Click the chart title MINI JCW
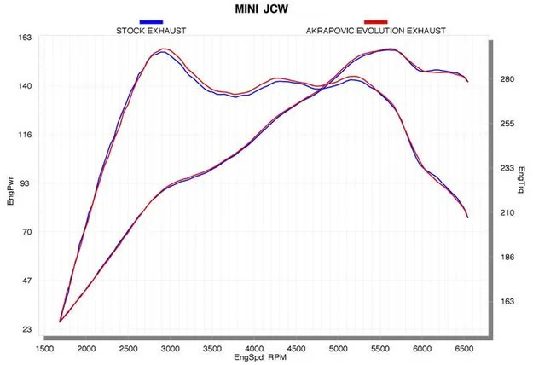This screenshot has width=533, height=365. pos(262,9)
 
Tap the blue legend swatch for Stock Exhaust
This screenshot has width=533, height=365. pos(151,22)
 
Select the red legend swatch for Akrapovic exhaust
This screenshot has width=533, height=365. pos(375,22)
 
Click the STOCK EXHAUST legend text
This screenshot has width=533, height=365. pos(151,31)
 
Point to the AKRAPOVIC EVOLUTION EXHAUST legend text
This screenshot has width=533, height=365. pos(375,31)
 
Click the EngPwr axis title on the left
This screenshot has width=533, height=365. pos(10,193)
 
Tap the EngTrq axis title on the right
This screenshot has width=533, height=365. pos(521,180)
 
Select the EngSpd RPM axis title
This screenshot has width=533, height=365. pos(260,357)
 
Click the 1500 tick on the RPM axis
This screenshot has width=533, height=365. pos(44,349)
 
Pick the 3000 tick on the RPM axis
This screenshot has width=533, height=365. pos(171,349)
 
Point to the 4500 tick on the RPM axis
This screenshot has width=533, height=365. pos(296,349)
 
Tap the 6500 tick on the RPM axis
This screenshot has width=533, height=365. pos(464,349)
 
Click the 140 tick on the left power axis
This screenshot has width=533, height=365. pos(25,86)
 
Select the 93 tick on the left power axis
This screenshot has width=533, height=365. pos(26,183)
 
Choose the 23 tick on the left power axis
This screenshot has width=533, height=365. pos(26,329)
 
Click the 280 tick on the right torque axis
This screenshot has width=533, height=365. pos(507,79)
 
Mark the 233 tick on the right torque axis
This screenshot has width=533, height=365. pos(507,168)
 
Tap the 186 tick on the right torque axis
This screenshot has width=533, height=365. pos(507,258)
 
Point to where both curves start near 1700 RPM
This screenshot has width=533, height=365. pos(60,322)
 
